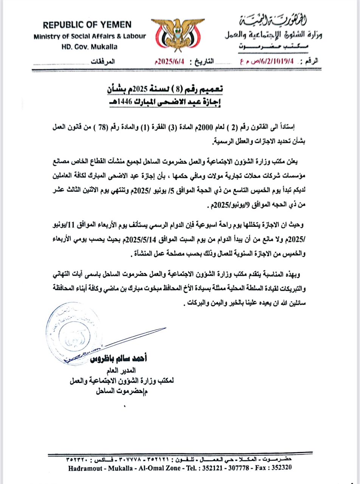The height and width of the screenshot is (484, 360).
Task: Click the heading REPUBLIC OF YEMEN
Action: click(x=87, y=25)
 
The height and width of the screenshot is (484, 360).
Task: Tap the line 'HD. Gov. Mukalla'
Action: click(x=89, y=47)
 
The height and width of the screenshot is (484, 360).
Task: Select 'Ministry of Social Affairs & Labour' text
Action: click(x=90, y=36)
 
